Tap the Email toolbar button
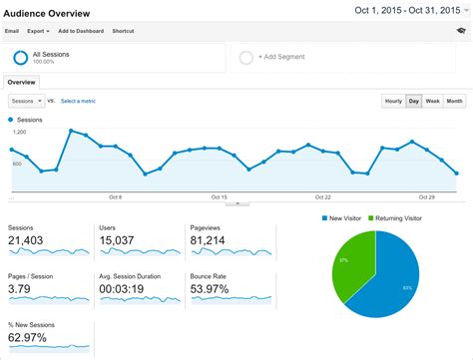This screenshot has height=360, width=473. point(12,31)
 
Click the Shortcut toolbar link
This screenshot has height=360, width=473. point(124,31)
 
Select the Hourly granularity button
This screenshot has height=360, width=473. point(393,101)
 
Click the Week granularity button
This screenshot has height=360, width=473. point(433,101)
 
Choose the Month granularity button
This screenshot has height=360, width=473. point(454,101)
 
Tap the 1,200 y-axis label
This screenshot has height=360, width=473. point(19,132)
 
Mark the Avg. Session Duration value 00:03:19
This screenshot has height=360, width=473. point(126,289)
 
